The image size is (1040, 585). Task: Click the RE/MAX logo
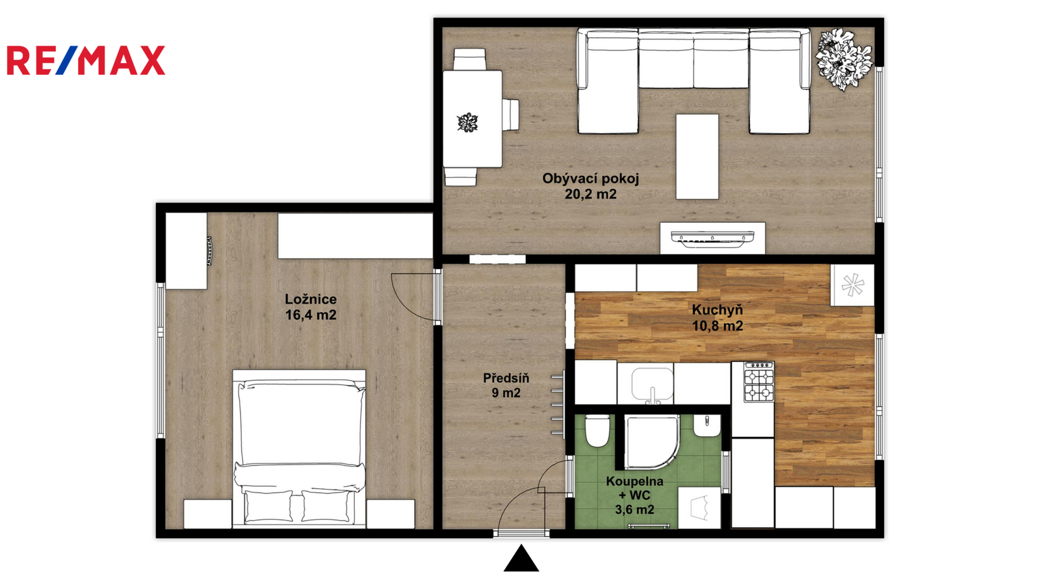86,60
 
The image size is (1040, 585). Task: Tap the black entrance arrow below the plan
521,558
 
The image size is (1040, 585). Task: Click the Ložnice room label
311,300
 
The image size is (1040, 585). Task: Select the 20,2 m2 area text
591,194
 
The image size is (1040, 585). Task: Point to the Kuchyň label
718,309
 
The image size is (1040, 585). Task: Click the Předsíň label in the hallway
506,378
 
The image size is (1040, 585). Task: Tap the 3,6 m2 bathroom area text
634,510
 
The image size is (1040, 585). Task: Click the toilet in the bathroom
597,431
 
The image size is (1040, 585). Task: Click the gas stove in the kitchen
759,382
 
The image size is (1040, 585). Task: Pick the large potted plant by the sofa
844,59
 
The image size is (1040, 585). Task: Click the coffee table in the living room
697,157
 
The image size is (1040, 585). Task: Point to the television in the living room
712,237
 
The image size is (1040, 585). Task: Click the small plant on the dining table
467,123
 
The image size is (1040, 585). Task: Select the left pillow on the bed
269,506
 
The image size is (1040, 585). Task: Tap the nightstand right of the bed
391,514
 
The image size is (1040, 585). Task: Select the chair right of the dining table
510,114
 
